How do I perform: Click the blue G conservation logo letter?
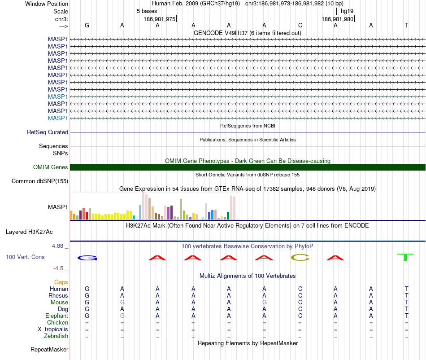pyautogui.click(x=87, y=258)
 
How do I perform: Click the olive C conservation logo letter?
pyautogui.click(x=300, y=257)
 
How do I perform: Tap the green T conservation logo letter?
pyautogui.click(x=406, y=257)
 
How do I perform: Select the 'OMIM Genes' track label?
pyautogui.click(x=51, y=167)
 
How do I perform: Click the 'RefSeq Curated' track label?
pyautogui.click(x=48, y=132)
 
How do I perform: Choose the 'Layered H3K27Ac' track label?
pyautogui.click(x=29, y=232)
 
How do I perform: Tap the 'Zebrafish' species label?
pyautogui.click(x=56, y=336)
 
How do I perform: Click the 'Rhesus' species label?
pyautogui.click(x=58, y=295)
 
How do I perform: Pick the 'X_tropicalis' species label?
pyautogui.click(x=53, y=329)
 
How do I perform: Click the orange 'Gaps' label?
pyautogui.click(x=61, y=282)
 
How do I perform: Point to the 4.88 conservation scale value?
pyautogui.click(x=58, y=246)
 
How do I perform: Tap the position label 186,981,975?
pyautogui.click(x=160, y=19)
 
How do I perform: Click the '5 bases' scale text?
pyautogui.click(x=147, y=11)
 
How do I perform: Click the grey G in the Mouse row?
pyautogui.click(x=122, y=302)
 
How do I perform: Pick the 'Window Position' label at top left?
pyautogui.click(x=47, y=4)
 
